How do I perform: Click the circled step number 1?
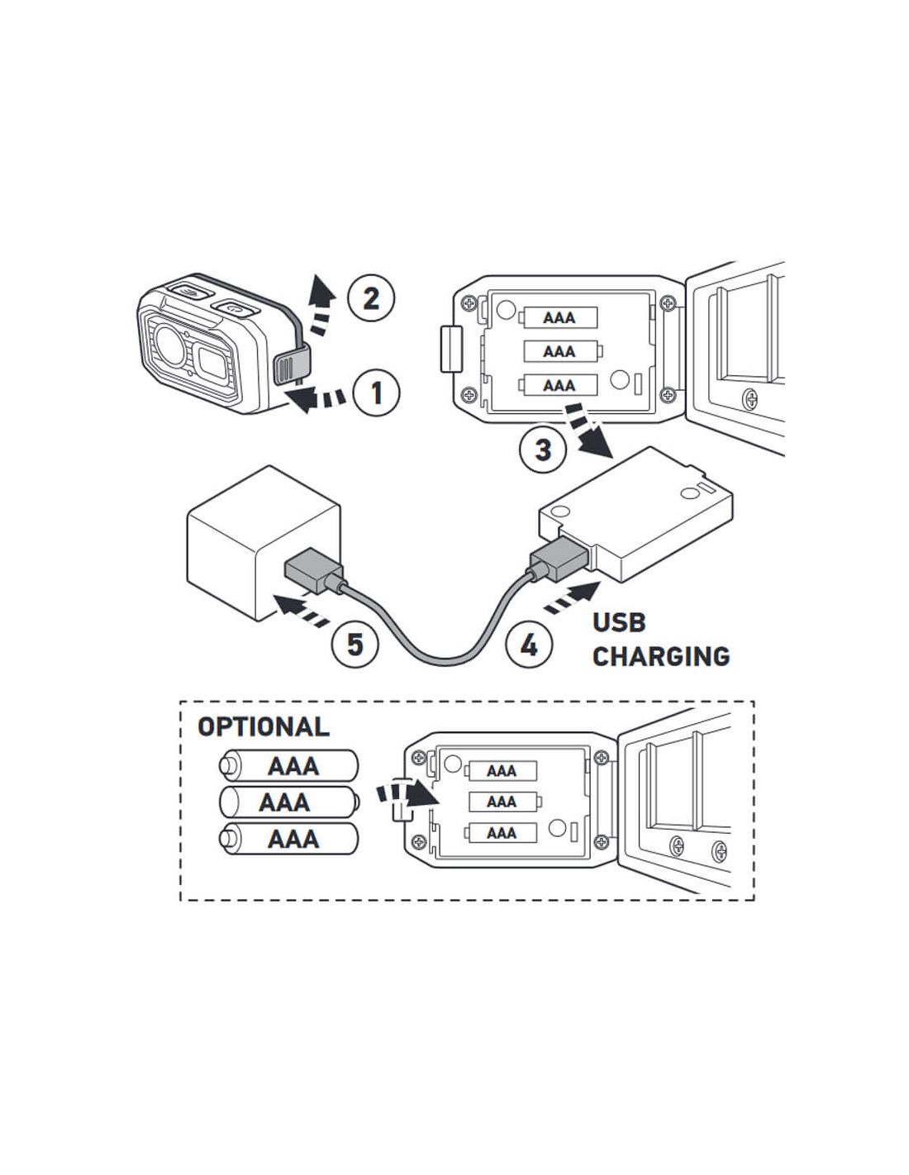click(x=376, y=392)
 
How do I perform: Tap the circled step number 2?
click(x=371, y=297)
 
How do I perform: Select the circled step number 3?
click(x=543, y=450)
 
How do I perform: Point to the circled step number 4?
click(x=528, y=644)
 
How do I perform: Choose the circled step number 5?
click(x=355, y=644)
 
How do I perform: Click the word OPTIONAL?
click(x=263, y=727)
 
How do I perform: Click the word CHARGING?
click(x=661, y=656)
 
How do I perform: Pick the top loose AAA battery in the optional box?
click(x=288, y=766)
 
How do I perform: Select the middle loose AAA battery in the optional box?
click(x=288, y=802)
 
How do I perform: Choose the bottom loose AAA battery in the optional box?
click(x=288, y=839)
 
